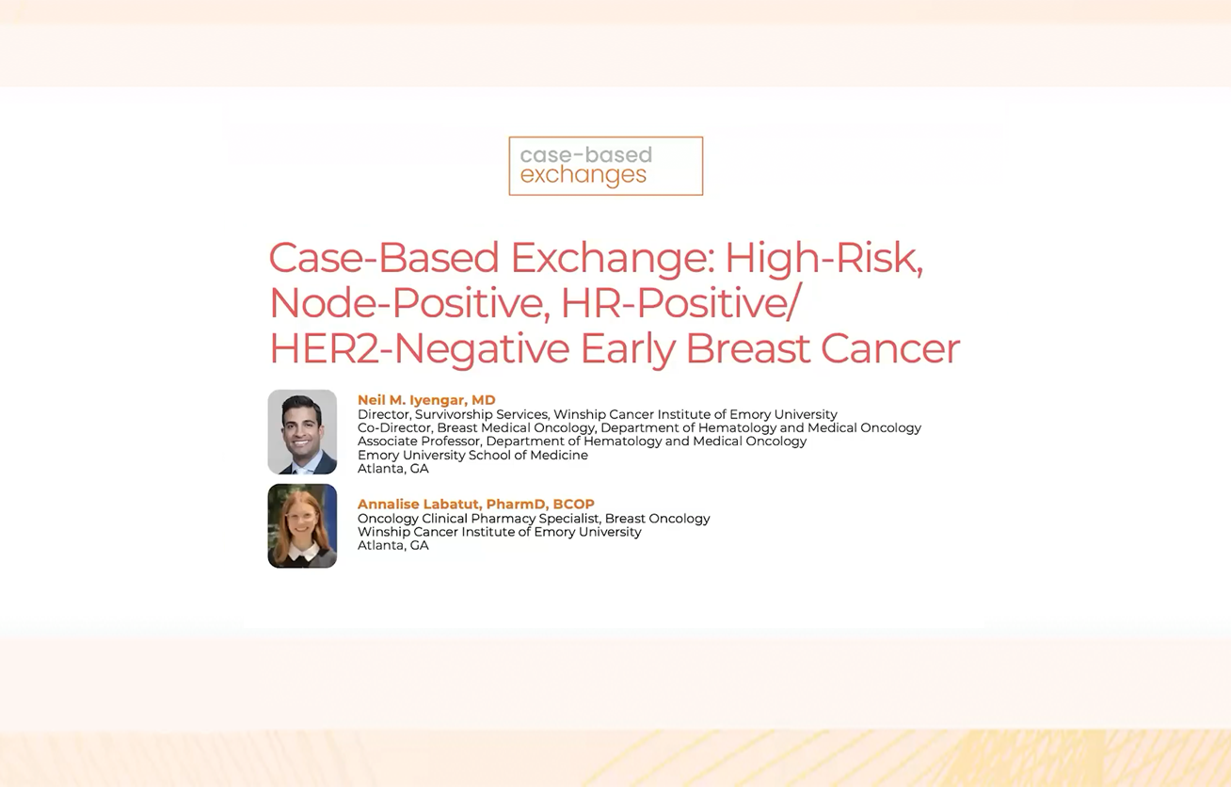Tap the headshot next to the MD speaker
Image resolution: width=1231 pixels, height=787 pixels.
[302, 432]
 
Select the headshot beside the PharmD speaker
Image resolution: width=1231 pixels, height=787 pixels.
[302, 526]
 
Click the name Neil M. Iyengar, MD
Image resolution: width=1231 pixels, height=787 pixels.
[426, 400]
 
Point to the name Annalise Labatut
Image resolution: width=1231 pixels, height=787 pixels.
[418, 504]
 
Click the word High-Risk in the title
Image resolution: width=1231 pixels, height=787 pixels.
[824, 258]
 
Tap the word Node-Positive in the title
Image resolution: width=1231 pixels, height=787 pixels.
[409, 303]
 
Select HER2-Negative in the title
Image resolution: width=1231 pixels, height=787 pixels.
[420, 348]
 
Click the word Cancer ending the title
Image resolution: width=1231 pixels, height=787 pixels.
[890, 348]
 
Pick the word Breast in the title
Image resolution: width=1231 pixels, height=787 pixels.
[748, 348]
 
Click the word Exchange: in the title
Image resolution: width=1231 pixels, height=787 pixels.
[613, 258]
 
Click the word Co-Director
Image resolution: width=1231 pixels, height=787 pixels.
[393, 427]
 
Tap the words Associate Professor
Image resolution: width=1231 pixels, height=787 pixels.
[419, 441]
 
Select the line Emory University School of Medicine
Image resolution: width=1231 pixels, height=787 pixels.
[472, 455]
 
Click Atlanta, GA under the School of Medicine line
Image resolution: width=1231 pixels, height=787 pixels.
[393, 468]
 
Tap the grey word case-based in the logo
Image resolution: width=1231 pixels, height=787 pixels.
[585, 154]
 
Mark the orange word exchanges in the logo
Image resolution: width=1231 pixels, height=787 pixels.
[584, 175]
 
